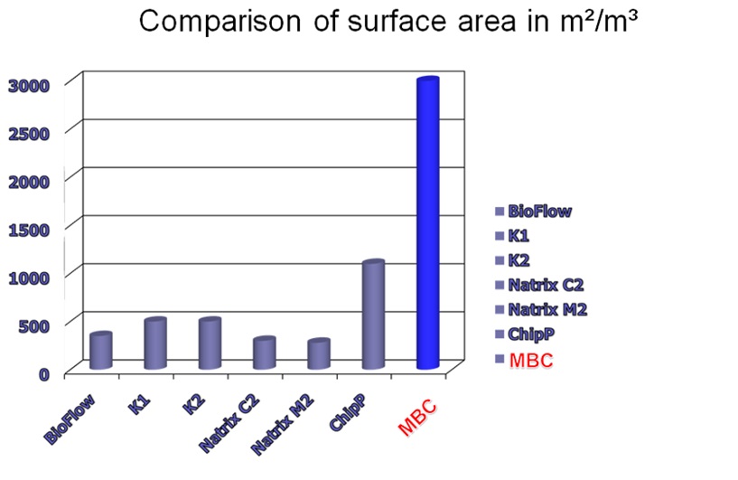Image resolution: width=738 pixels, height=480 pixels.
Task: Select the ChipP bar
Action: point(373,315)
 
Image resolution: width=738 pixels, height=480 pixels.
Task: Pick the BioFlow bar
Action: point(101,351)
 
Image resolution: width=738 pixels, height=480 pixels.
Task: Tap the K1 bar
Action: point(155,344)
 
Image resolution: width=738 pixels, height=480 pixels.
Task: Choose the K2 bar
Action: point(210,344)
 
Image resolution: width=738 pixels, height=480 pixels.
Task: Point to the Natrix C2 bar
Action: point(264,353)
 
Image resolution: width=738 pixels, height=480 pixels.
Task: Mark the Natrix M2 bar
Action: point(319,353)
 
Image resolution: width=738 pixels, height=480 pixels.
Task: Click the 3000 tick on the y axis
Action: point(29,86)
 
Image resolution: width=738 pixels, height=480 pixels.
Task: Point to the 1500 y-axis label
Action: point(29,230)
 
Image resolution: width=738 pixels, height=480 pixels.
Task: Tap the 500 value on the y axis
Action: point(34,326)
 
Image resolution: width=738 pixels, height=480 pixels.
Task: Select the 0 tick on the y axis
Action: point(44,374)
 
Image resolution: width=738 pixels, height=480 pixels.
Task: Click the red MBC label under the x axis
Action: point(417,419)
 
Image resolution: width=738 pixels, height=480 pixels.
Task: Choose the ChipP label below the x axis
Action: point(348,411)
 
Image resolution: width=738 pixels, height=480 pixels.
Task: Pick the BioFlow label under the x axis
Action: point(70,419)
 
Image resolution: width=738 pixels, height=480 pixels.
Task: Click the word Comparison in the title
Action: point(220,22)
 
